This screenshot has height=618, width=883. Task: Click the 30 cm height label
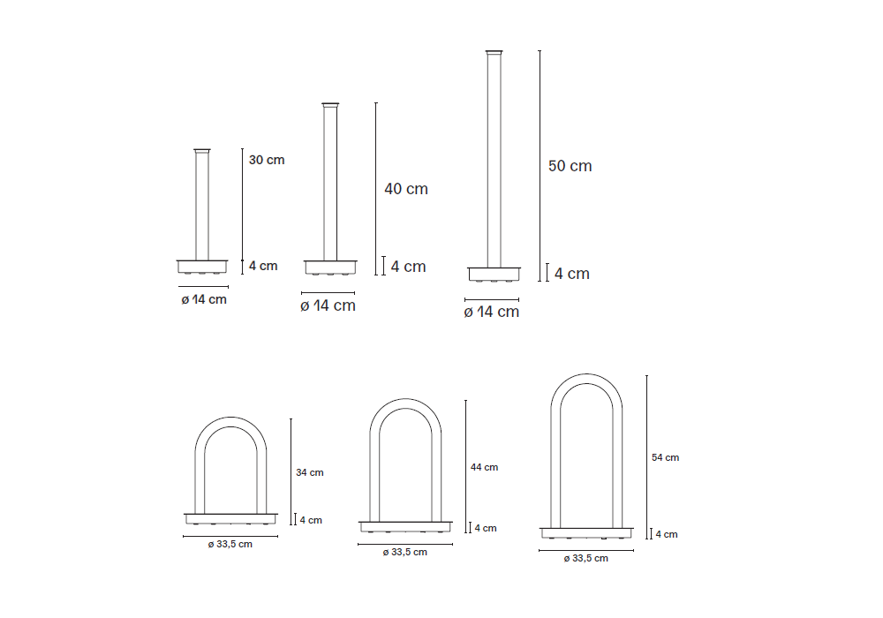tap(267, 160)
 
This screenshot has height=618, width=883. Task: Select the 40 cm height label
tap(406, 189)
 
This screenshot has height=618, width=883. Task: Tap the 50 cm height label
tap(570, 166)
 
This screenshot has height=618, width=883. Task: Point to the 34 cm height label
tap(310, 473)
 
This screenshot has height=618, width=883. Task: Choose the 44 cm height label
tap(484, 467)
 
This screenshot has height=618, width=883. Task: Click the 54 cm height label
tap(665, 457)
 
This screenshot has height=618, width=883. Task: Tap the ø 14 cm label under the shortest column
tap(204, 299)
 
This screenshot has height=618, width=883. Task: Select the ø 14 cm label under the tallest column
tap(492, 312)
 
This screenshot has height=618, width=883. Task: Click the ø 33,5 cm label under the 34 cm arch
tap(230, 544)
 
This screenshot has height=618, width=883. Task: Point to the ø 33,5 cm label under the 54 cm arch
tap(585, 558)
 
